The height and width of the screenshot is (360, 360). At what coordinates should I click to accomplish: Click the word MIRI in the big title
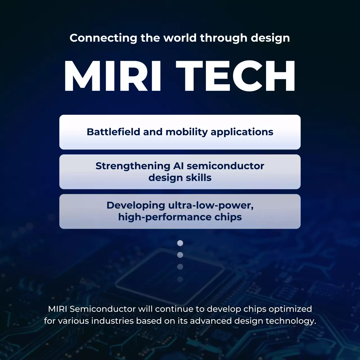pyautogui.click(x=112, y=76)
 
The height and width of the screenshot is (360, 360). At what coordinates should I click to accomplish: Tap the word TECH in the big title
pyautogui.click(x=236, y=76)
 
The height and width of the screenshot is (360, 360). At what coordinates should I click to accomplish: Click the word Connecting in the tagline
pyautogui.click(x=103, y=38)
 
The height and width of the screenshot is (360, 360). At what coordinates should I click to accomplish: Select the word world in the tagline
pyautogui.click(x=180, y=38)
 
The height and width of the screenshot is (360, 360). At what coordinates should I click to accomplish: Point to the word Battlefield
pyautogui.click(x=113, y=132)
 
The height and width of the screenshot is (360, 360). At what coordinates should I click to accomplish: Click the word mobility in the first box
pyautogui.click(x=186, y=132)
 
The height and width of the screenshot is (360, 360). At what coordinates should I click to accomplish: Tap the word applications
pyautogui.click(x=242, y=132)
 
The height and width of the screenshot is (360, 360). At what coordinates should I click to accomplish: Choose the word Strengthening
pyautogui.click(x=133, y=166)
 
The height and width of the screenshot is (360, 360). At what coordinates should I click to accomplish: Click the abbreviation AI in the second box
pyautogui.click(x=178, y=166)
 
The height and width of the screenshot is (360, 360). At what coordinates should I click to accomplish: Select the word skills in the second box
pyautogui.click(x=199, y=178)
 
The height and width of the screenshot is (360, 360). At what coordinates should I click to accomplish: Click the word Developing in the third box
pyautogui.click(x=136, y=205)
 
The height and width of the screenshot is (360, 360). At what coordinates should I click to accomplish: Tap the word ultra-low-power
pyautogui.click(x=211, y=205)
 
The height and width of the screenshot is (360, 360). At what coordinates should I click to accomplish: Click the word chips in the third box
pyautogui.click(x=228, y=217)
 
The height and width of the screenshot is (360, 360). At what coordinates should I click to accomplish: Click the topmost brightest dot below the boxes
pyautogui.click(x=180, y=243)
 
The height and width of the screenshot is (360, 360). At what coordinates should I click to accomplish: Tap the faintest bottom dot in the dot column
pyautogui.click(x=180, y=279)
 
